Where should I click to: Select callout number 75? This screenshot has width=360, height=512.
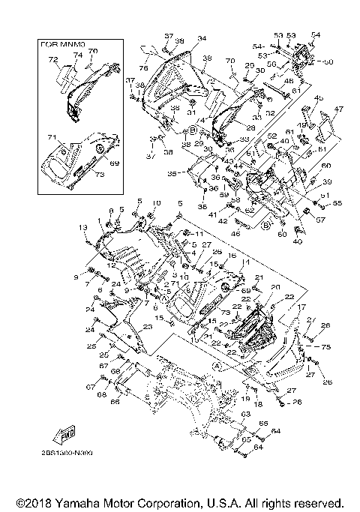327,348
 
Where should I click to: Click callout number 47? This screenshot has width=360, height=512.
338,109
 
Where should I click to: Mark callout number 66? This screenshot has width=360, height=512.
115,402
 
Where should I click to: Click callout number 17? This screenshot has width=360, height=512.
302,307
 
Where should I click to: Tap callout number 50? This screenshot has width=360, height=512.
328,61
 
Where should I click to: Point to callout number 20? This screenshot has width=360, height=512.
274,287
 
